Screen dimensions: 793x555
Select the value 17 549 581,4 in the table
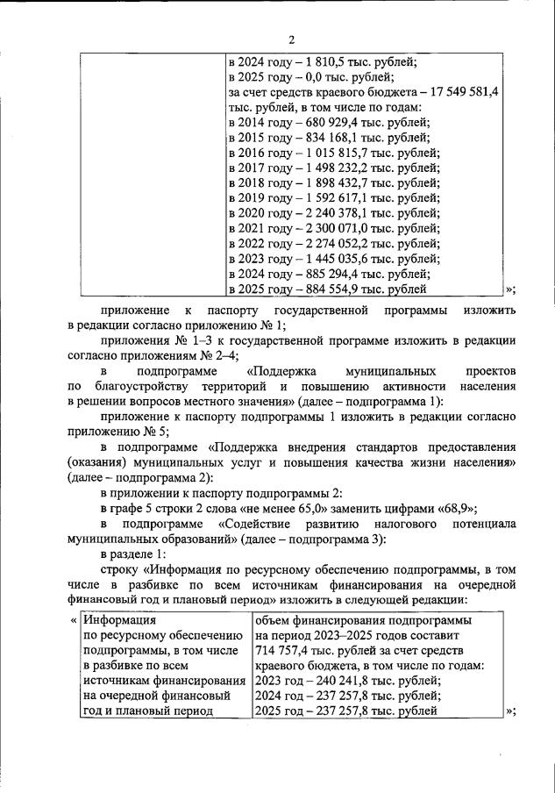461,91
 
